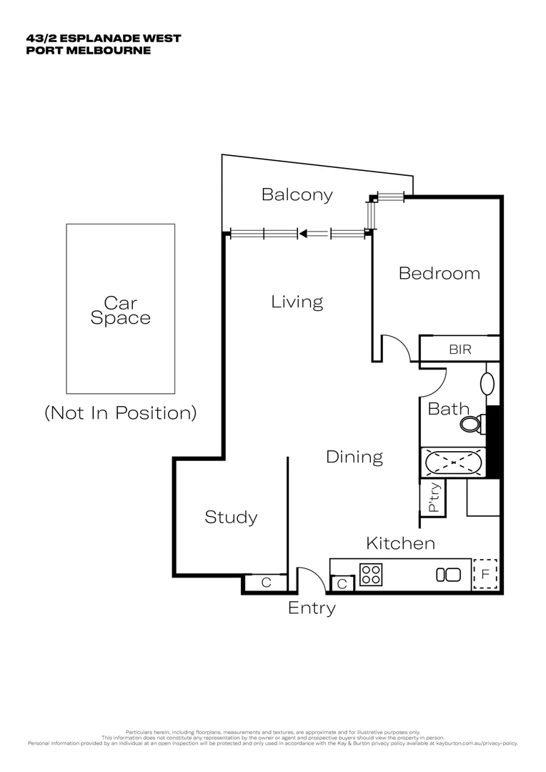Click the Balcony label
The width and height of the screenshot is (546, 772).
(297, 194)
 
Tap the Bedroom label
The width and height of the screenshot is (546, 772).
(439, 273)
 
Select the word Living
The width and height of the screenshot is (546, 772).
(297, 302)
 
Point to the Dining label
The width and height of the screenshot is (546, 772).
(354, 457)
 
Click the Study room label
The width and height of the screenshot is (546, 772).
(231, 517)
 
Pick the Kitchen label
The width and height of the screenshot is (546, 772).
(400, 543)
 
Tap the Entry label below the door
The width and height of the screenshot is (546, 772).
(312, 608)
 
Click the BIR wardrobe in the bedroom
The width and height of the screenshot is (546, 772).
(460, 350)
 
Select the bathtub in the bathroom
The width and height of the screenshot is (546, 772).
(452, 462)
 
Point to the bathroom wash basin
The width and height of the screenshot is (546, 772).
(488, 383)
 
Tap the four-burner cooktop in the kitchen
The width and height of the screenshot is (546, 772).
(371, 575)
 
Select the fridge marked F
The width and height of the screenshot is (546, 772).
(485, 575)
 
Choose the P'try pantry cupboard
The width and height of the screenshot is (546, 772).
(433, 497)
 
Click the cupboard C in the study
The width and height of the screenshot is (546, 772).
(266, 583)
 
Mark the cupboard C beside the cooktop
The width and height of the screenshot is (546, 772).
(342, 584)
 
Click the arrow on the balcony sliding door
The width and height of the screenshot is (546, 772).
(303, 233)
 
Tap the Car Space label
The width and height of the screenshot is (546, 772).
(120, 311)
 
